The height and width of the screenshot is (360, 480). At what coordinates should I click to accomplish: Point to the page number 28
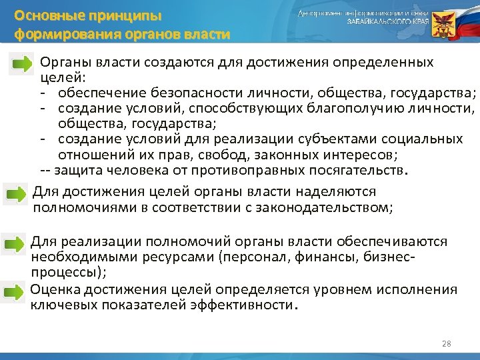[x=446, y=343]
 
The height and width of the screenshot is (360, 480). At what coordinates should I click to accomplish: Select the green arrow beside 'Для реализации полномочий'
[x=15, y=245]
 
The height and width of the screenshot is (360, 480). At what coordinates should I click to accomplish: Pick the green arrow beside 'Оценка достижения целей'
[x=15, y=291]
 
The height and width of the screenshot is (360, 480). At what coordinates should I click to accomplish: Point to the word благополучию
[x=341, y=107]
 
